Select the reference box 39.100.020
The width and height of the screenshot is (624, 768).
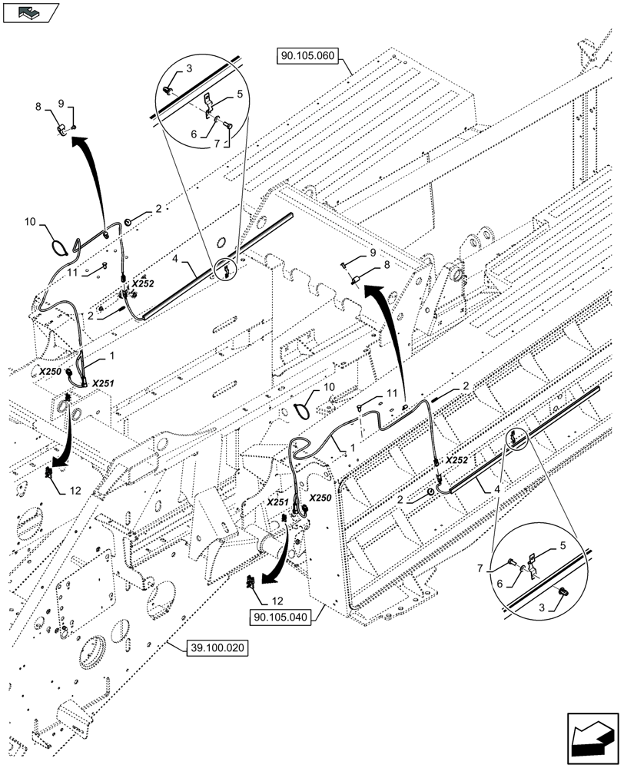pos(217,648)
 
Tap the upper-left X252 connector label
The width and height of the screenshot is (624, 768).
pos(143,283)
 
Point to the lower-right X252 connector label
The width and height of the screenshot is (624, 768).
pos(456,459)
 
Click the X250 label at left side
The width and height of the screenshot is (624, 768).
pos(51,371)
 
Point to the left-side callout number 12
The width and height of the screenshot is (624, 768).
pos(75,490)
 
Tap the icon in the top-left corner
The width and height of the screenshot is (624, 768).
pos(31,13)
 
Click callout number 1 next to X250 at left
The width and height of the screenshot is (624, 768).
pos(111,356)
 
